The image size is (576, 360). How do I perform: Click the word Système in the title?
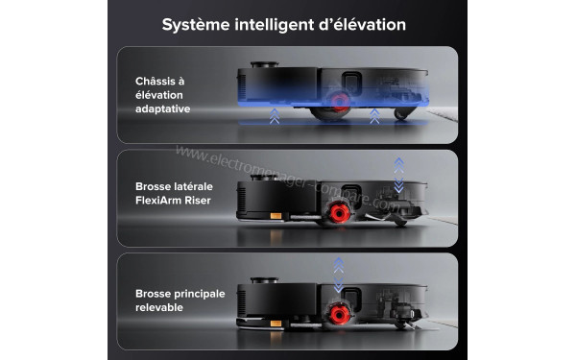point(198,23)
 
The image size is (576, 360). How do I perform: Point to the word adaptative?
point(162,109)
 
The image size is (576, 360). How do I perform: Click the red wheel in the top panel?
point(338,103)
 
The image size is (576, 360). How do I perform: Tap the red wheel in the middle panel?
point(337,211)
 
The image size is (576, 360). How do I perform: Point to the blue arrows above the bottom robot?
point(337,274)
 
